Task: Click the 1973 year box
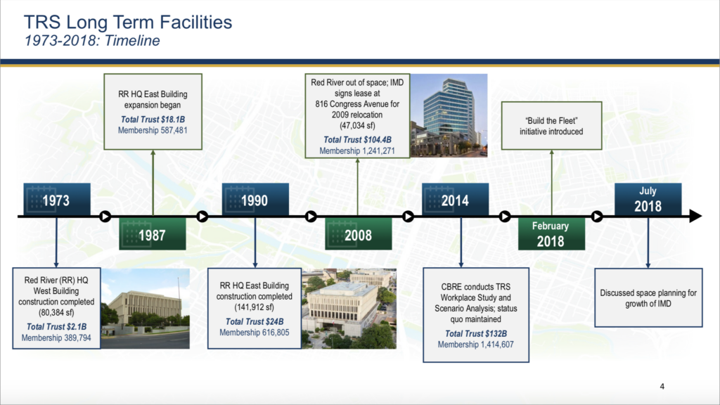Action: [57, 199]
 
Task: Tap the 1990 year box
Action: [255, 199]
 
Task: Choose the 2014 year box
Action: [456, 199]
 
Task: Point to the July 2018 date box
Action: [648, 199]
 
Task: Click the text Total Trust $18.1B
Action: [153, 120]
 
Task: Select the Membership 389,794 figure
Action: [56, 338]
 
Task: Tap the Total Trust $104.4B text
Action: [357, 140]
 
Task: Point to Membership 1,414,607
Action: [476, 345]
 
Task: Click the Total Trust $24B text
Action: [255, 321]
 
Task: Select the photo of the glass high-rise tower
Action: [449, 115]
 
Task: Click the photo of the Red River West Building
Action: [145, 309]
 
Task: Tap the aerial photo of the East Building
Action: [349, 309]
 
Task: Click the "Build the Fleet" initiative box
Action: [551, 126]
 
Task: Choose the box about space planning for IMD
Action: [648, 297]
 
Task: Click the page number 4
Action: [662, 387]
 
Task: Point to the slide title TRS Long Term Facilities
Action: [128, 22]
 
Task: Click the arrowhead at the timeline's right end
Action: [695, 216]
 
